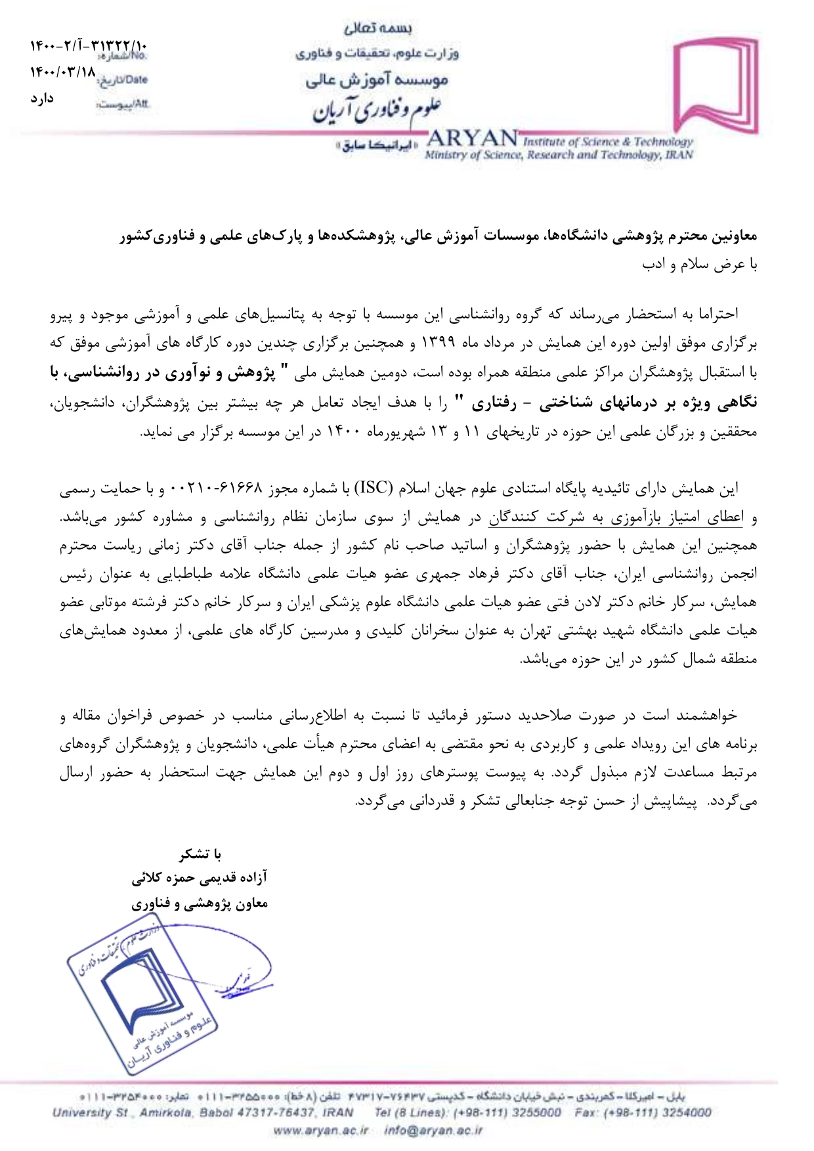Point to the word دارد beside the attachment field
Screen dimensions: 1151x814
point(41,98)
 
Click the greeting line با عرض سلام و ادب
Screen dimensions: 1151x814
point(700,264)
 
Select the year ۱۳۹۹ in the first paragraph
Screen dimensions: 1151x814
point(437,343)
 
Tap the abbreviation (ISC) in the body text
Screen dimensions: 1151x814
point(374,489)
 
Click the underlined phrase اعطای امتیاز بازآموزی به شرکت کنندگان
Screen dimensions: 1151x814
point(615,517)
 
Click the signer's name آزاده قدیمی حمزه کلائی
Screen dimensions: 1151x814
point(200,878)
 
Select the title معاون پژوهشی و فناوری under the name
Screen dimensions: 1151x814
point(200,903)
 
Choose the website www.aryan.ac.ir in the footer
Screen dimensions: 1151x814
point(320,1130)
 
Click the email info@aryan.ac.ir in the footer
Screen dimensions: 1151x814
point(433,1130)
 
